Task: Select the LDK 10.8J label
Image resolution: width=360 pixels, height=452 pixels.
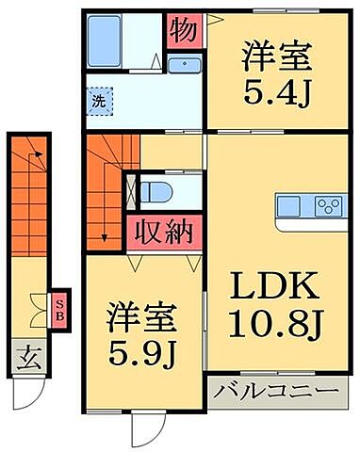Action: [275, 303]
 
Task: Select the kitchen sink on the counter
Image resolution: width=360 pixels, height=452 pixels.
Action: [288, 206]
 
